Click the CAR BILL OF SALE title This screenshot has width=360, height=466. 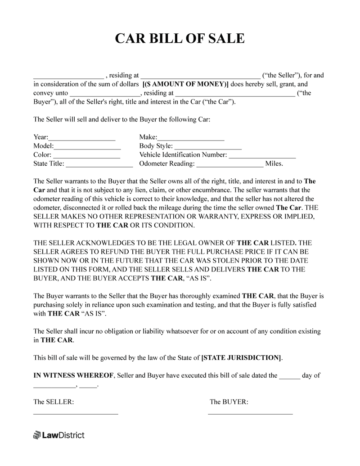point(180,39)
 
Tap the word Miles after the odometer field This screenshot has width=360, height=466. point(274,164)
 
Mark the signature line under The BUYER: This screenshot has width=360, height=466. point(250,412)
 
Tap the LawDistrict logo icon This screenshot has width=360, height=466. point(37,435)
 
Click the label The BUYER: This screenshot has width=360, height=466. point(229,402)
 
